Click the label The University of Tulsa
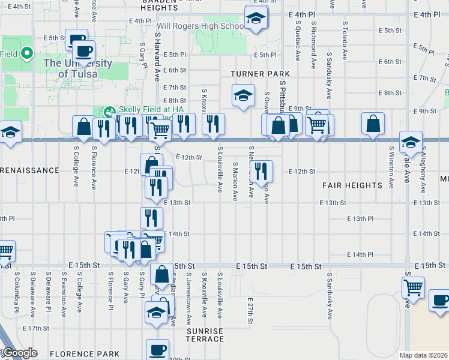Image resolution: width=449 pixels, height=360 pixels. [x=77, y=68]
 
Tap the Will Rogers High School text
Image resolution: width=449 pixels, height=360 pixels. [x=200, y=26]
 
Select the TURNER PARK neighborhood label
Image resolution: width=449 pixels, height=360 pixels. [x=260, y=74]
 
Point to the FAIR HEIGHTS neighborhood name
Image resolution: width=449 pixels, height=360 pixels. [x=352, y=185]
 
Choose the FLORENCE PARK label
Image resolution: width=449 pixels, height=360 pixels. [x=84, y=354]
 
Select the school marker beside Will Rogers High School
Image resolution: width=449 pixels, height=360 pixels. [x=256, y=19]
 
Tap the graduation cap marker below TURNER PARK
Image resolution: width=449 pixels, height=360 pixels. [x=243, y=96]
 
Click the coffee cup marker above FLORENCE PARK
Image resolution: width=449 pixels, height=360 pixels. [x=158, y=349]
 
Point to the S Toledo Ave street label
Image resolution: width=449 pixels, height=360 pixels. [x=345, y=41]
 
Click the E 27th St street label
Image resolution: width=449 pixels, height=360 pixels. [x=250, y=312]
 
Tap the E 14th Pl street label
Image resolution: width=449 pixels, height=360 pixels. [x=360, y=255]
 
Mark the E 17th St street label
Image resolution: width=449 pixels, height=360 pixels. [x=35, y=328]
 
